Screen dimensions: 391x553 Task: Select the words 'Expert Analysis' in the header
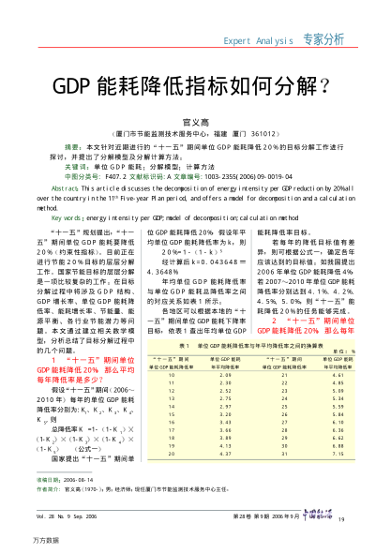pyautogui.click(x=259, y=40)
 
